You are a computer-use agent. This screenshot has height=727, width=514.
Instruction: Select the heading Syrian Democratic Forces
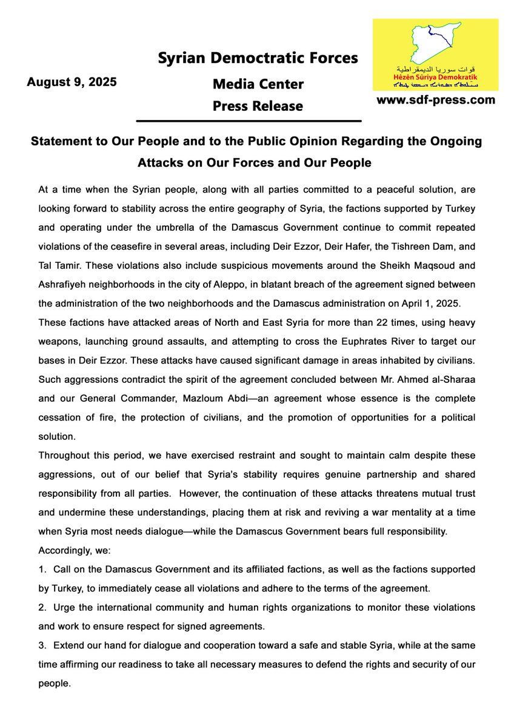tap(258, 58)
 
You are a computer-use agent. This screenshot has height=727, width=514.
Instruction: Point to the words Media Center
tap(258, 84)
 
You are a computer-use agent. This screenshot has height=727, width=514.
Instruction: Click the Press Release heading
tap(258, 106)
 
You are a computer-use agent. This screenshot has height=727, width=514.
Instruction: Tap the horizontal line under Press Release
tap(258, 121)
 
